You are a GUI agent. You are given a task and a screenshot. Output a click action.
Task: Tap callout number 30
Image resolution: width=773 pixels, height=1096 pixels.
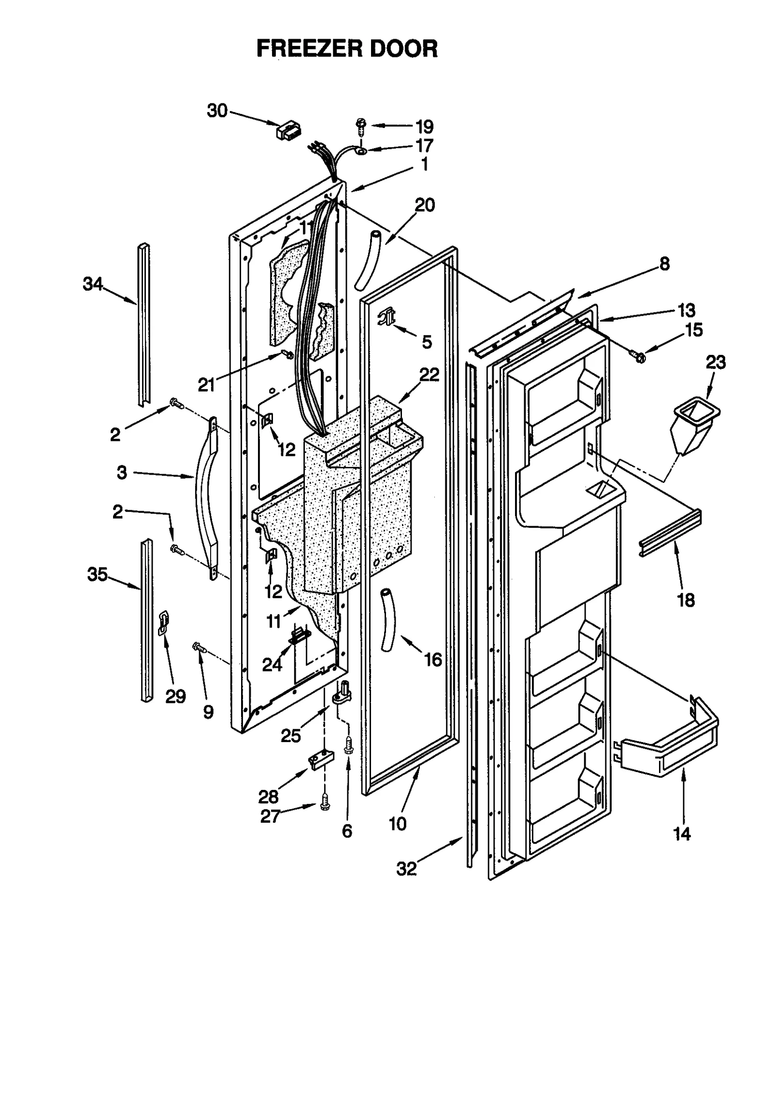[x=217, y=111]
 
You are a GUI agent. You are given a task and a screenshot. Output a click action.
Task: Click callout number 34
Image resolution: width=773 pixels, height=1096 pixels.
[x=92, y=284]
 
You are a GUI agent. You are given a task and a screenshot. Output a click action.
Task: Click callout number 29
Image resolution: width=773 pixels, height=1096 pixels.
[x=175, y=696]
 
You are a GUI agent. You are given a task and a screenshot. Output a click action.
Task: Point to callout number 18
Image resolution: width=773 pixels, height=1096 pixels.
[x=686, y=600]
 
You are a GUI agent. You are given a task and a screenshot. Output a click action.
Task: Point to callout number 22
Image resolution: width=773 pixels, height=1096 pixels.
[x=429, y=374]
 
